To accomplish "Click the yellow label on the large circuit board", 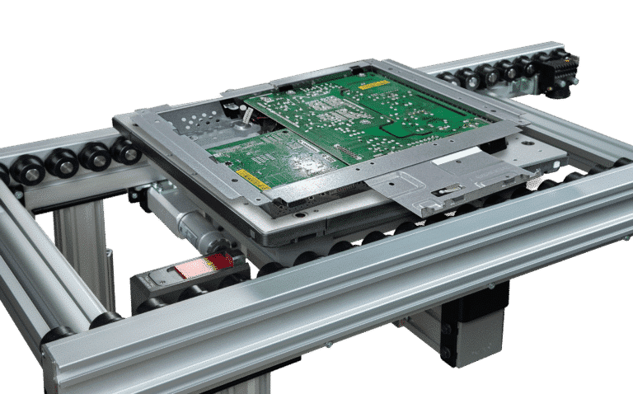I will [373, 84].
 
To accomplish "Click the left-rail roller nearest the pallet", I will [124, 151].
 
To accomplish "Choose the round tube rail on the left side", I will [33, 272].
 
